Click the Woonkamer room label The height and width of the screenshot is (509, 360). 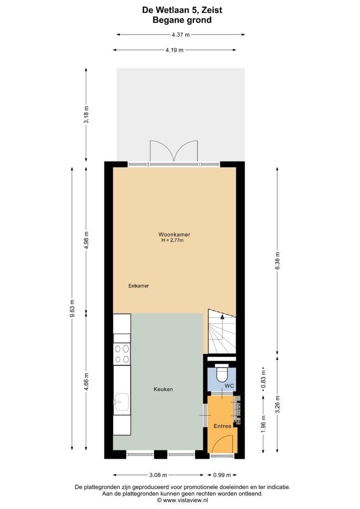(x=175, y=234)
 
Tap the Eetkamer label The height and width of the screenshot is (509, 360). (x=139, y=286)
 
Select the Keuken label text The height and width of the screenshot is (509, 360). (x=163, y=389)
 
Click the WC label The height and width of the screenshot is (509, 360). (x=229, y=386)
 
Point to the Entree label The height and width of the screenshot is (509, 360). (x=222, y=426)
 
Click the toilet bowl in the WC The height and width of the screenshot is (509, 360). (x=222, y=372)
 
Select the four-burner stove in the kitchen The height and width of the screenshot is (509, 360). (x=122, y=353)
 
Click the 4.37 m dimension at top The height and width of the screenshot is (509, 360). (x=180, y=34)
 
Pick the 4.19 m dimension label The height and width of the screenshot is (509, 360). (x=175, y=50)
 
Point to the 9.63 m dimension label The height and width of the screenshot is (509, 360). (x=73, y=308)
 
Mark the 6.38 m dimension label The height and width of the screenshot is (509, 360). (x=277, y=259)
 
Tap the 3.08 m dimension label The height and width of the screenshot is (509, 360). (x=159, y=475)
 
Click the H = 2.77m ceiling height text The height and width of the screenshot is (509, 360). (x=173, y=241)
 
